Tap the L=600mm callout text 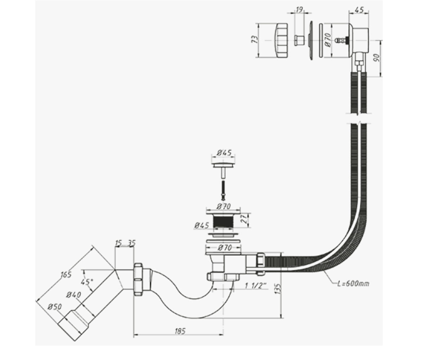[353, 283]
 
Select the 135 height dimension [279, 289]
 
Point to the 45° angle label [87, 282]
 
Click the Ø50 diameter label [54, 306]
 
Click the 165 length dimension [66, 275]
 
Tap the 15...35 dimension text [125, 243]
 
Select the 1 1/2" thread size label [255, 286]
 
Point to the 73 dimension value [255, 39]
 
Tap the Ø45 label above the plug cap [224, 153]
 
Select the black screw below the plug [223, 190]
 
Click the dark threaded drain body [223, 221]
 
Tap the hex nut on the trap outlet [138, 279]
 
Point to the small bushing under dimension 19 [299, 40]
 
